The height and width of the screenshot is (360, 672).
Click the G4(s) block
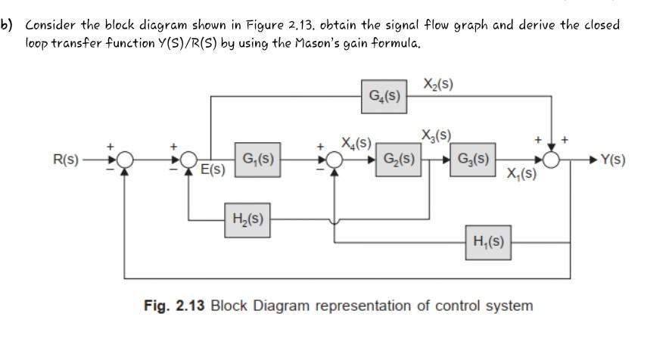tap(385, 97)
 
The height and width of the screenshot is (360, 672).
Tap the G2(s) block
tap(397, 160)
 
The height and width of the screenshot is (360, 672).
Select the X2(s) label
tap(437, 85)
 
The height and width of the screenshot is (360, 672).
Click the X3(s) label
tap(437, 136)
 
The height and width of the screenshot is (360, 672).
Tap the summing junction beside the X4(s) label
tap(334, 160)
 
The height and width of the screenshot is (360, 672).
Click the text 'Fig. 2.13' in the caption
tap(174, 306)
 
